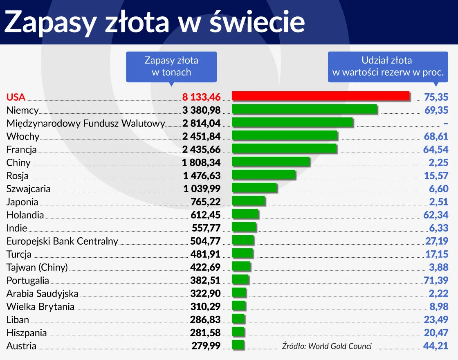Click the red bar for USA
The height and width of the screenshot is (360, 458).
click(x=320, y=96)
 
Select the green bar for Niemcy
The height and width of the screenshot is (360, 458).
click(x=304, y=109)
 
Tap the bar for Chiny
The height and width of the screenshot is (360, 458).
click(x=271, y=162)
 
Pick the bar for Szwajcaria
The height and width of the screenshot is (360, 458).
click(x=254, y=188)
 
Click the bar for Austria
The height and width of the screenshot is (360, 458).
click(x=238, y=345)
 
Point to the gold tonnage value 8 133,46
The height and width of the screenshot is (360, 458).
click(x=201, y=97)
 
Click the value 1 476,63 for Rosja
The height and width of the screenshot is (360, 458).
click(x=202, y=175)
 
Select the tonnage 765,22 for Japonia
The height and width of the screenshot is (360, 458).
click(x=205, y=202)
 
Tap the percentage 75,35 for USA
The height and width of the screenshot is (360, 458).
click(x=436, y=97)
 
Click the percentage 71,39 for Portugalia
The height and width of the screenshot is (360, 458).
click(x=436, y=280)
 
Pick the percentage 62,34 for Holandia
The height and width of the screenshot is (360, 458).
click(x=436, y=215)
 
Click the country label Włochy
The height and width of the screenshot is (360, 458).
click(x=23, y=136)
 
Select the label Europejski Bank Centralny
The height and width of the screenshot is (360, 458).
click(x=62, y=241)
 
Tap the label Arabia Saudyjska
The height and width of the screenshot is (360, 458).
click(x=42, y=293)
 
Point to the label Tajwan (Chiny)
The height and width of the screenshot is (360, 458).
click(x=37, y=267)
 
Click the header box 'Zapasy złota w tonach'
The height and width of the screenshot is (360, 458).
click(x=171, y=66)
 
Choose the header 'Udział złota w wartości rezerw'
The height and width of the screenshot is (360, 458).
click(x=388, y=66)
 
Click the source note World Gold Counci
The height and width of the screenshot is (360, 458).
click(x=327, y=346)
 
